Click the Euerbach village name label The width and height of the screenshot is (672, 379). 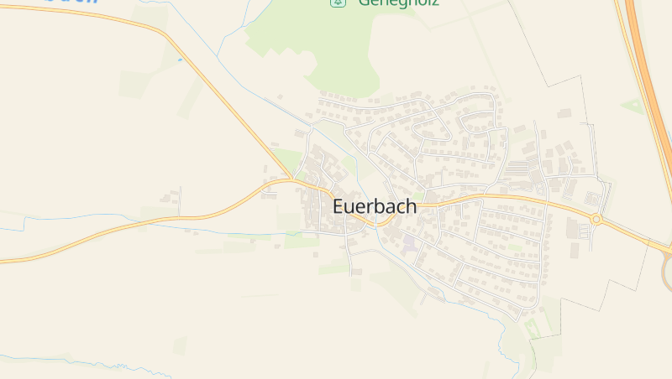pos(374,205)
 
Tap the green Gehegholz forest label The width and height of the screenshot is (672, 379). pos(398,3)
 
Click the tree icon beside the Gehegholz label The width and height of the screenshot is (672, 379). pos(338,3)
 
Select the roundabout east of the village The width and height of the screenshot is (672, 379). pos(596,220)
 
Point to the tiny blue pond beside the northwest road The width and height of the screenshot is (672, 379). pos(180,60)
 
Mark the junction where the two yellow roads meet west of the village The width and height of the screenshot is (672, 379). pos(291,179)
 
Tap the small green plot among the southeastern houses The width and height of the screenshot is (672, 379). pos(514,248)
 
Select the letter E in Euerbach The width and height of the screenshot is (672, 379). pos(339,205)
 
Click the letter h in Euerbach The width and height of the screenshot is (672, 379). pos(409,205)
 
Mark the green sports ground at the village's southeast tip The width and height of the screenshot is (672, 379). pos(531,327)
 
